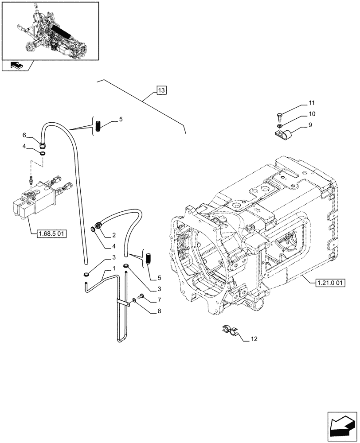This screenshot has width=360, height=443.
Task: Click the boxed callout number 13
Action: (x=161, y=91)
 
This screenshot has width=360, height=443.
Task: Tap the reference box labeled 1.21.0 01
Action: (x=332, y=282)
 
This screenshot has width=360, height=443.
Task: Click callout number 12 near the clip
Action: (x=254, y=339)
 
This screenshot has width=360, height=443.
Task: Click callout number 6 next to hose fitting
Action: (x=25, y=135)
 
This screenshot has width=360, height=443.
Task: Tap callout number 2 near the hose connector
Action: (x=113, y=235)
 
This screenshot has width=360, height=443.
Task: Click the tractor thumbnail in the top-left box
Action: (x=50, y=31)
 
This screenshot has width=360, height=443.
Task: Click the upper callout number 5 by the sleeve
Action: (x=121, y=120)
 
